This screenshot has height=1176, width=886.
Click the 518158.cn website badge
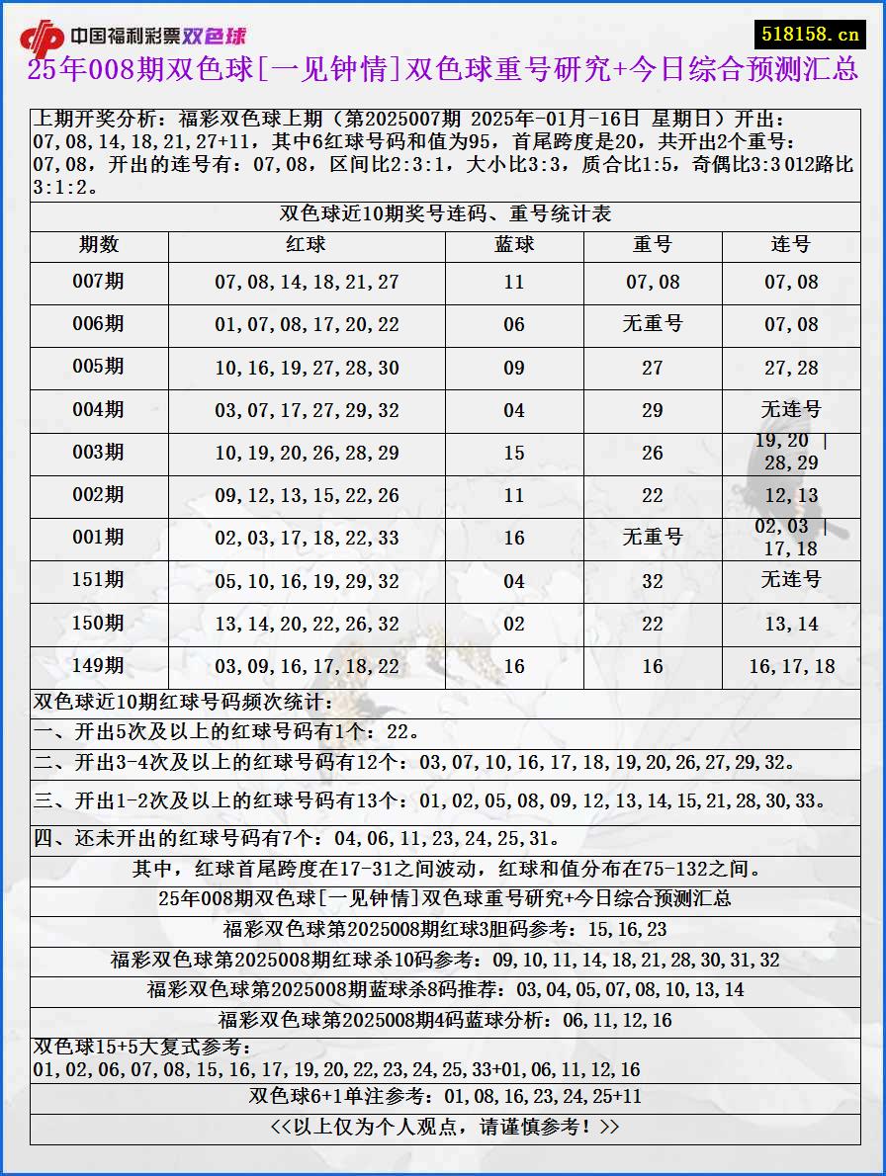click(x=810, y=34)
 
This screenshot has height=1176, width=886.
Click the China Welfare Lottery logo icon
click(x=42, y=38)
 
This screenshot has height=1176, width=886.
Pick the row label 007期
click(x=99, y=282)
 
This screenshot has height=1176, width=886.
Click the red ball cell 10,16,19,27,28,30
click(x=307, y=368)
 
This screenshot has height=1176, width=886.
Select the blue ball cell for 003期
click(x=514, y=453)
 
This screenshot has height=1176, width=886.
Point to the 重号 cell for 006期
click(x=653, y=324)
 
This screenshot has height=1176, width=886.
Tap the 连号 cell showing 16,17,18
click(x=791, y=666)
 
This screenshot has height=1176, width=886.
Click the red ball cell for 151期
click(x=307, y=581)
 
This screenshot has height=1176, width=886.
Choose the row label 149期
click(x=99, y=666)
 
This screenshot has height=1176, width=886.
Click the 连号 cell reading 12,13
click(x=791, y=495)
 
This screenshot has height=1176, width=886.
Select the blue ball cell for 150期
click(x=514, y=624)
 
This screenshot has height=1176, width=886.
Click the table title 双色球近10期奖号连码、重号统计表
click(x=445, y=214)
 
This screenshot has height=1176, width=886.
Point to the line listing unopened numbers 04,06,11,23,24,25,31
click(x=297, y=839)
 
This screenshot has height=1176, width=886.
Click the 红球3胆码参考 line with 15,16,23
click(x=445, y=929)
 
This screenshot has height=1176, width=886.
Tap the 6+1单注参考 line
click(x=445, y=1096)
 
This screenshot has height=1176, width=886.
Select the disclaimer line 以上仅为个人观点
click(x=445, y=1127)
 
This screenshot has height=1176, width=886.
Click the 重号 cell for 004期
click(x=653, y=410)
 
